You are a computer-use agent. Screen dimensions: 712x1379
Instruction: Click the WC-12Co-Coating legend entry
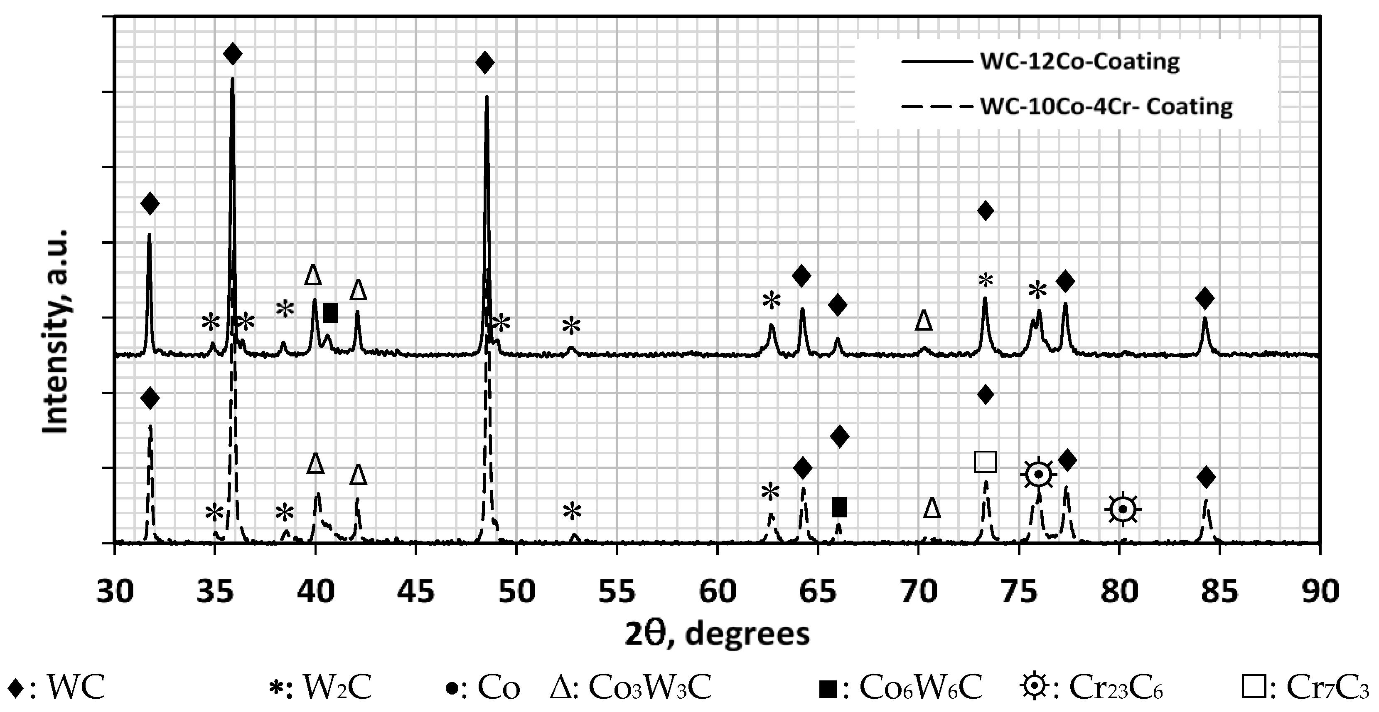pos(1079,62)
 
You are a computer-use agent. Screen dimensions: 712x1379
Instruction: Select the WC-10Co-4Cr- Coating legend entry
pos(1106,106)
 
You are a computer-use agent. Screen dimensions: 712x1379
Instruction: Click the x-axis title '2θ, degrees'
pos(717,634)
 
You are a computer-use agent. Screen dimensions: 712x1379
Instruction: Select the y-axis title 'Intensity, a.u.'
pos(56,332)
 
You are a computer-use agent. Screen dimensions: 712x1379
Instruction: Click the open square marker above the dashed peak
pos(986,461)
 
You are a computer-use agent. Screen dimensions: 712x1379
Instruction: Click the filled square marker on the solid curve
pos(331,313)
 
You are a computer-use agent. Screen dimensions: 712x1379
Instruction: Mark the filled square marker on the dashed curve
pos(839,507)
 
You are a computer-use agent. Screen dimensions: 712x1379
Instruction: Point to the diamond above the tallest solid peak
pos(232,54)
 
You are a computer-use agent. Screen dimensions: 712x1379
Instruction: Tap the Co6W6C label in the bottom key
pos(921,688)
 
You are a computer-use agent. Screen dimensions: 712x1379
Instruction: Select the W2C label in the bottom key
pos(337,688)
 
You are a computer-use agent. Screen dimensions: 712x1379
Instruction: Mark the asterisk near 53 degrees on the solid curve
pos(571,326)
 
